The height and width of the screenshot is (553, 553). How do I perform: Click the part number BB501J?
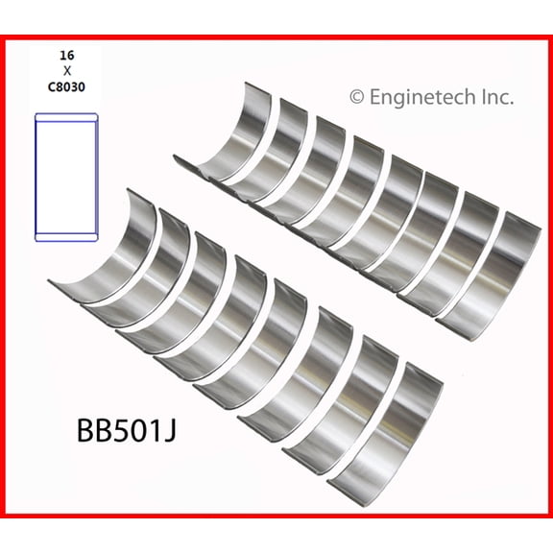coord(127,431)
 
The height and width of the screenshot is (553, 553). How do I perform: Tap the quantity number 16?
coord(66,56)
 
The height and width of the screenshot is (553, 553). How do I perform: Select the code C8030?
coord(66,87)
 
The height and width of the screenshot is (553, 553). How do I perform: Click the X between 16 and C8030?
coord(66,71)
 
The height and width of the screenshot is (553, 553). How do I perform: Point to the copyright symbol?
coord(357,97)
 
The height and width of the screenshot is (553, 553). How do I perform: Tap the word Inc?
coord(497,97)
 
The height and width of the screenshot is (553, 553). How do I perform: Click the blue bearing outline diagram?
coord(66,177)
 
